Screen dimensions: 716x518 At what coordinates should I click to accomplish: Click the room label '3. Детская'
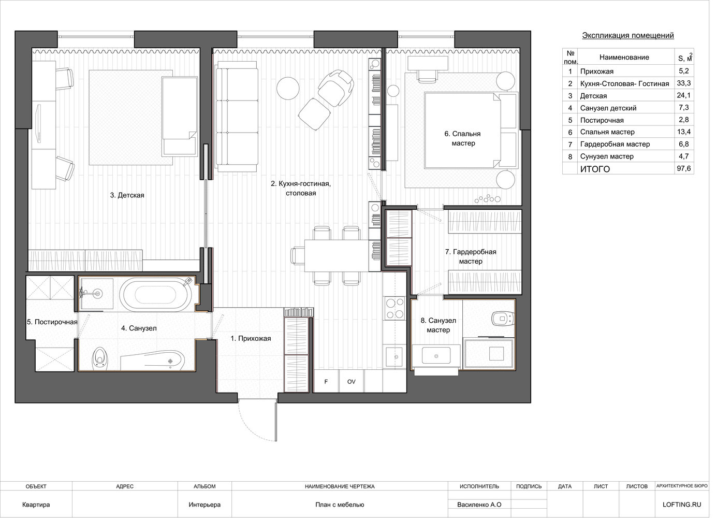point(127,195)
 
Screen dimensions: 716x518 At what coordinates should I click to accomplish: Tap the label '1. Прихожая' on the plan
point(251,338)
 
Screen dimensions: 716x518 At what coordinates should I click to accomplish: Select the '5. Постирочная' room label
point(52,322)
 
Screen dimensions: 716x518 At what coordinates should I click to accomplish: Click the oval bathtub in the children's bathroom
point(156,294)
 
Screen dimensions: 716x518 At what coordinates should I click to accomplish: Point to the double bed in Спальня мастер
point(471,131)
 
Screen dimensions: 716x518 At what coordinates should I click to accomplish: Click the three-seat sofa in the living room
point(237,117)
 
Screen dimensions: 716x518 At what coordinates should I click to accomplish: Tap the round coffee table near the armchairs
point(288,88)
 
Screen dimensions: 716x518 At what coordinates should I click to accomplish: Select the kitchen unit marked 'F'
point(326,381)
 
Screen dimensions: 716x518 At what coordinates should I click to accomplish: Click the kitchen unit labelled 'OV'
point(352,381)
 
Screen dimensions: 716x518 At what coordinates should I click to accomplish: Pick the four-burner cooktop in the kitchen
point(395,308)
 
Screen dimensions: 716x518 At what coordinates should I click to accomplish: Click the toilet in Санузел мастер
point(503,318)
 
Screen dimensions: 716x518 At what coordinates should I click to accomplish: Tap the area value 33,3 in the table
point(684,83)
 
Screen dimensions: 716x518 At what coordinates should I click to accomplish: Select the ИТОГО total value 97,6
point(684,168)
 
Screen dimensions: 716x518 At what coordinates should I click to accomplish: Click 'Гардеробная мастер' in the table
point(615,144)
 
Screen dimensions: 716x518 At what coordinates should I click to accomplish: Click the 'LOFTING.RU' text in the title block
point(682,505)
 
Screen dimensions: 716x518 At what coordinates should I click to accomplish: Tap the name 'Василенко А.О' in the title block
point(479,505)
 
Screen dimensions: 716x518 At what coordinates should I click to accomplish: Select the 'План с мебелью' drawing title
point(340,505)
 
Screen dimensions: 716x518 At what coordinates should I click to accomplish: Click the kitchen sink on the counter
point(394,356)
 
